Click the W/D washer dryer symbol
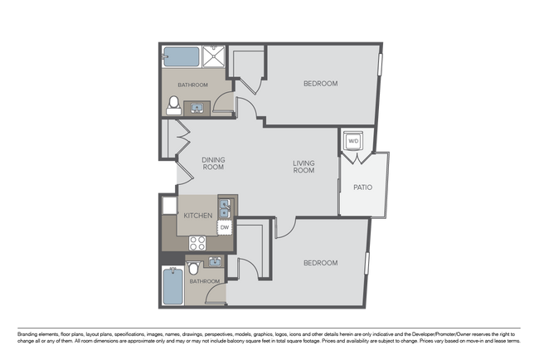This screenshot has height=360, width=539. [353, 140]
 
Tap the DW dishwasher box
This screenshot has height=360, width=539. [225, 227]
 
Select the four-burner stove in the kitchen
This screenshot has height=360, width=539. [197, 243]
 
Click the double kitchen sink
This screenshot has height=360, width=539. [225, 209]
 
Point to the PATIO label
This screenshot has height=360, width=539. [362, 187]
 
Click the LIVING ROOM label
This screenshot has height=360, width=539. [303, 167]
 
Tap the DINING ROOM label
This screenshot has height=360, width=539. [213, 163]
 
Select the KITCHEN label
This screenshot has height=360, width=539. [198, 216]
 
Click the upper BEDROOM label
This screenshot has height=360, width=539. [320, 84]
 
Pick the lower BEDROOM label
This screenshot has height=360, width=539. [320, 263]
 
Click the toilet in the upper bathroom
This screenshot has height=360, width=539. [174, 105]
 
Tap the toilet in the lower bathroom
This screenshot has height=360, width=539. [193, 268]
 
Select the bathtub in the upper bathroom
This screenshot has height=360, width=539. [181, 56]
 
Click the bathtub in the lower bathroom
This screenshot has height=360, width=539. [173, 286]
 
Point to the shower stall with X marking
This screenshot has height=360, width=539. [213, 56]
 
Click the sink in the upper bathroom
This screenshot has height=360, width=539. [197, 109]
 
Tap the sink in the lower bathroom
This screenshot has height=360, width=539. [216, 261]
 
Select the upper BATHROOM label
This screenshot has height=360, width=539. [193, 85]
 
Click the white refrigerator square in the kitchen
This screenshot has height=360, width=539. [169, 205]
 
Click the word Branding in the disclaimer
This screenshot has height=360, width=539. [27, 334]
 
